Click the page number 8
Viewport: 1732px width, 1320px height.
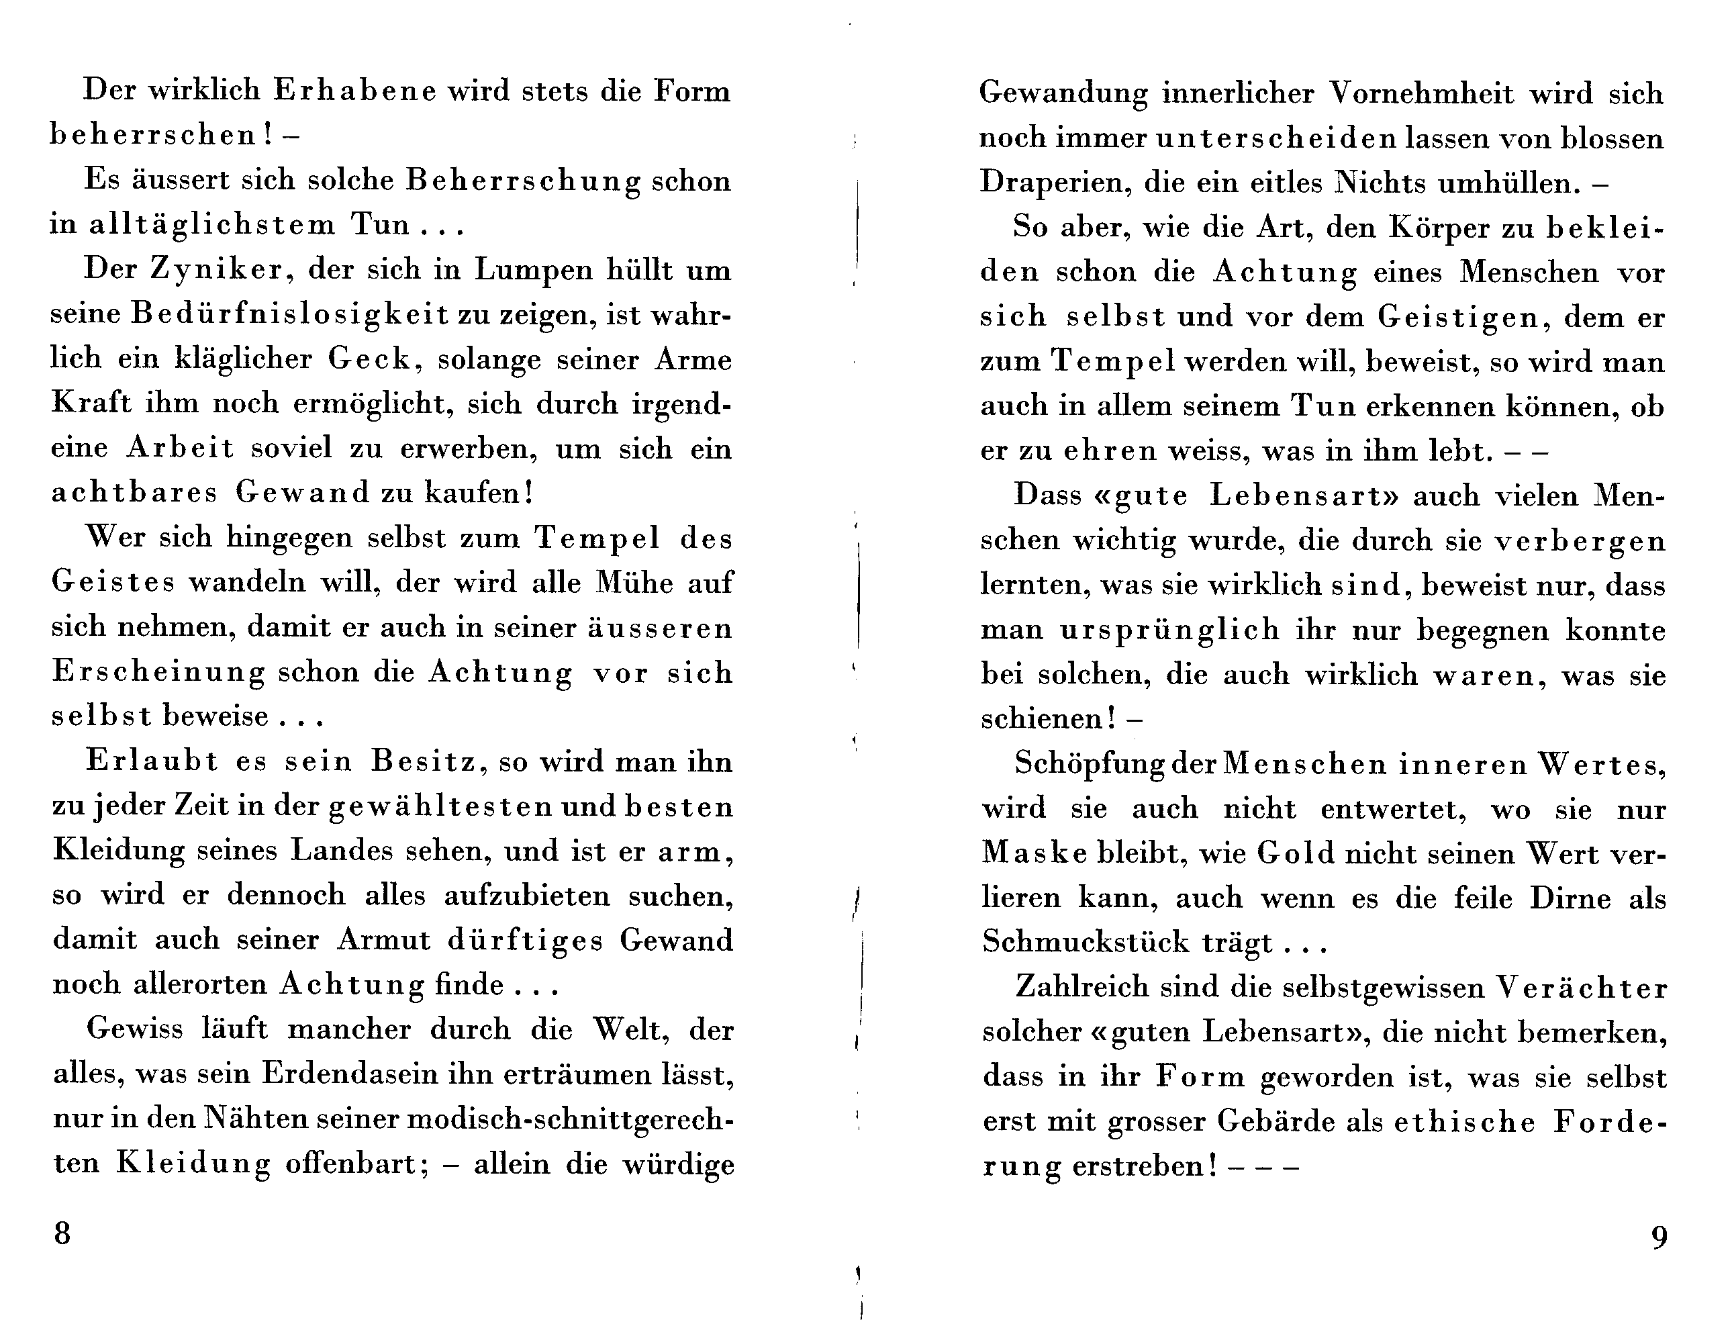[62, 1233]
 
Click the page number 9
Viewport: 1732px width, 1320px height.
[1659, 1238]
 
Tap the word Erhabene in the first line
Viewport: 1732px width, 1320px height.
[354, 91]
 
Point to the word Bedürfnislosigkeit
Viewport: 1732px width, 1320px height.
[290, 314]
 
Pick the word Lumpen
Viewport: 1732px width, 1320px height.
[532, 269]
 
